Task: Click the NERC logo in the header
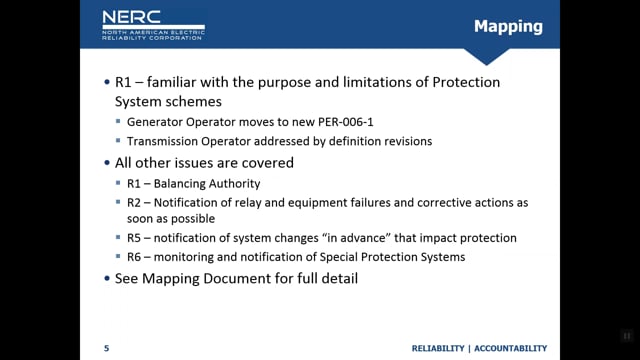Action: tap(153, 25)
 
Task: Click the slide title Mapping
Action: tap(508, 27)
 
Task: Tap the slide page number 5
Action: tap(107, 348)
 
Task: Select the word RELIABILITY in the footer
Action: tap(438, 348)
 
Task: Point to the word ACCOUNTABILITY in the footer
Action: tap(511, 348)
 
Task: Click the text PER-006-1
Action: tap(346, 122)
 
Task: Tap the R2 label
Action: tap(133, 202)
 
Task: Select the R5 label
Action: tap(133, 238)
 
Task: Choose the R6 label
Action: tap(133, 257)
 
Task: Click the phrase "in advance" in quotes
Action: tap(356, 238)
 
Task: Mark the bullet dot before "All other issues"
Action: tap(107, 163)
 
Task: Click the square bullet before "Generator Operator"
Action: tap(118, 121)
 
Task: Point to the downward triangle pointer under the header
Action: tap(486, 56)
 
